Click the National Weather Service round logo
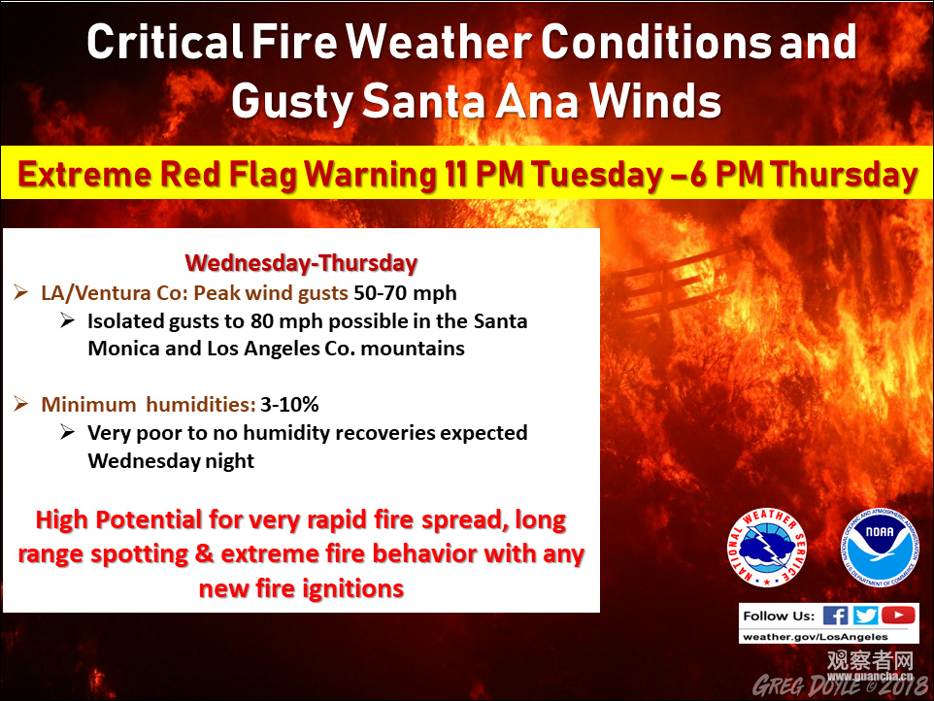767,548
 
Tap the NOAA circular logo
880,548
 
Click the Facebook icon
835,616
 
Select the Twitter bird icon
865,616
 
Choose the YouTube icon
898,615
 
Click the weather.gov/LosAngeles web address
816,637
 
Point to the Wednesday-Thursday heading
301,263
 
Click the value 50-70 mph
405,293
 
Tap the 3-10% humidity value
289,405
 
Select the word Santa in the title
423,101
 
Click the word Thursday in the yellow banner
844,176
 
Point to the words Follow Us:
779,616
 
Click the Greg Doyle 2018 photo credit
840,685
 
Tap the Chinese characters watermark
870,660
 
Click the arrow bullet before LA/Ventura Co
20,292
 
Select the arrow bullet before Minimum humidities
20,404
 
